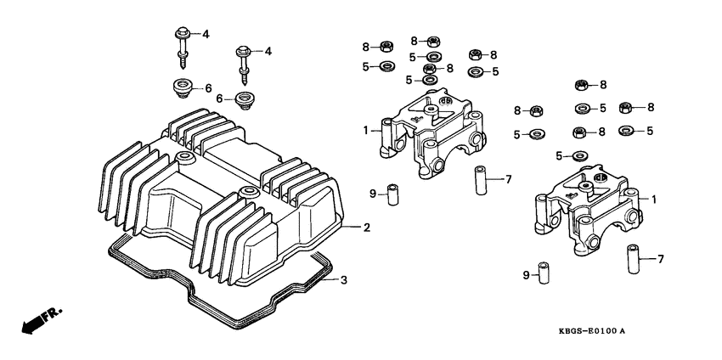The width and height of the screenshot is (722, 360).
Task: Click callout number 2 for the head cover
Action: coord(367,228)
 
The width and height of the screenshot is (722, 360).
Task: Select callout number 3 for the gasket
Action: coord(343,280)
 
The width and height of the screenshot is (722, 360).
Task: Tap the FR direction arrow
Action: coord(31,323)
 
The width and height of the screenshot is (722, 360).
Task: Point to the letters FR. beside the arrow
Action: coord(54,313)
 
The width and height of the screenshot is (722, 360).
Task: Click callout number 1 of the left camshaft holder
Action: coord(366,130)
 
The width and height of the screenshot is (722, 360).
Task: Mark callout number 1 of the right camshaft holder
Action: coord(654,198)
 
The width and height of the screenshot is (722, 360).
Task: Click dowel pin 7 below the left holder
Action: coord(482,180)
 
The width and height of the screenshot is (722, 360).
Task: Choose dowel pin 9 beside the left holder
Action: coord(393,194)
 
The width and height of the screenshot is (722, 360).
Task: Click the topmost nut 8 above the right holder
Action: coord(581,84)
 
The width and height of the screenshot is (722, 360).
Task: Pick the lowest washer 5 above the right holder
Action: coord(579,155)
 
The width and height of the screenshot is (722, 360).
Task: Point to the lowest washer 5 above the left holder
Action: coord(431,80)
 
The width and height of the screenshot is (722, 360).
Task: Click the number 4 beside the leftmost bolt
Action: coord(205,33)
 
